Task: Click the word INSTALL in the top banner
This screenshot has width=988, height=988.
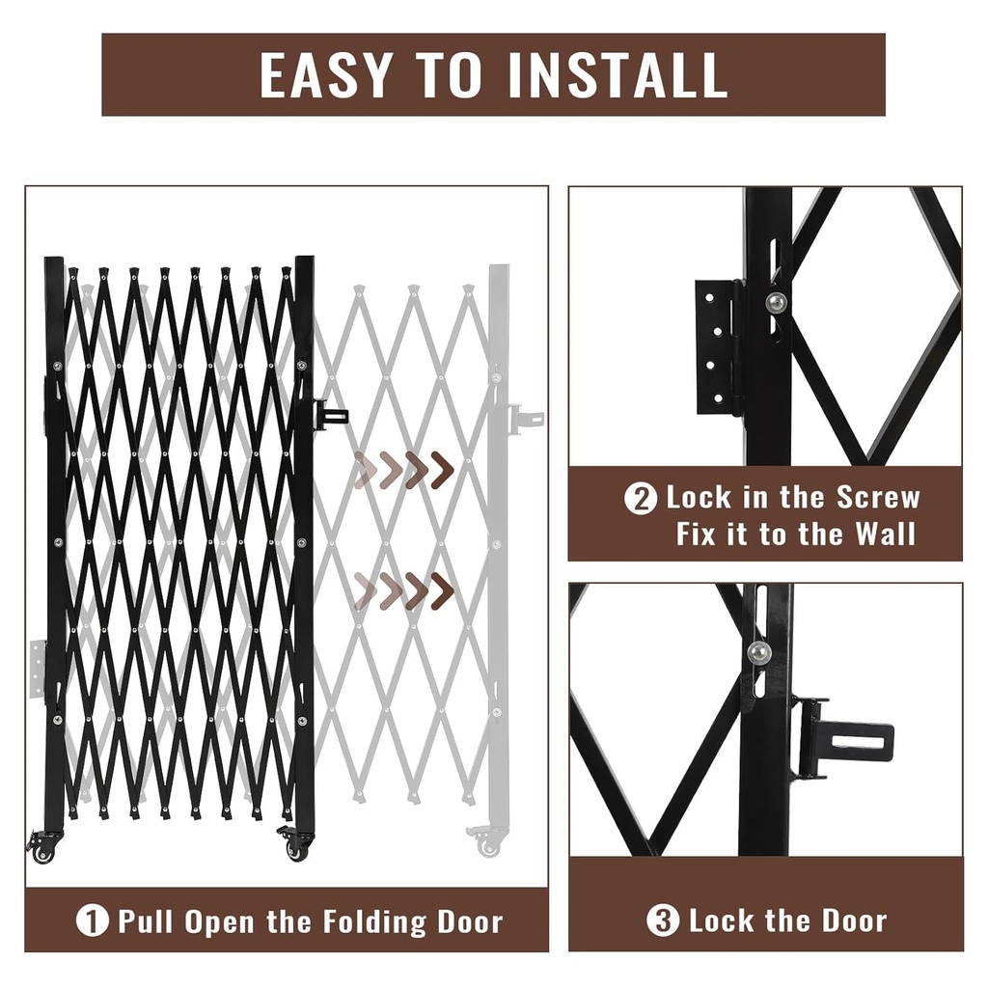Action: tap(618, 74)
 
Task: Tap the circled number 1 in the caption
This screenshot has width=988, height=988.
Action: tap(93, 920)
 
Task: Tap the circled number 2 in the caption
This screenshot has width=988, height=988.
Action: tap(641, 499)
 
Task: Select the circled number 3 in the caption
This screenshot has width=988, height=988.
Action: tap(663, 920)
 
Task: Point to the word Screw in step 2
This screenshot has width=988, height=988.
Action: tap(878, 498)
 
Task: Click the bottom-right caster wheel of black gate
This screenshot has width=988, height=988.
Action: tap(296, 850)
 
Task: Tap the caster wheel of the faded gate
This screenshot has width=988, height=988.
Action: tap(488, 846)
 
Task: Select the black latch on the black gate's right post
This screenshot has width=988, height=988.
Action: tap(330, 416)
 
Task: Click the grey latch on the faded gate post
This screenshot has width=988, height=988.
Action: tap(526, 418)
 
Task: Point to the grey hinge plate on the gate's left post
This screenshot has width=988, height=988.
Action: tap(37, 669)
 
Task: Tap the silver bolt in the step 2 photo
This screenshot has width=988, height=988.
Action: tap(776, 303)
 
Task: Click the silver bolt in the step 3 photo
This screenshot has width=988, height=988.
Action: tap(759, 653)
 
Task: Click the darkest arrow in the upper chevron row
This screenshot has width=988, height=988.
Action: tap(443, 470)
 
